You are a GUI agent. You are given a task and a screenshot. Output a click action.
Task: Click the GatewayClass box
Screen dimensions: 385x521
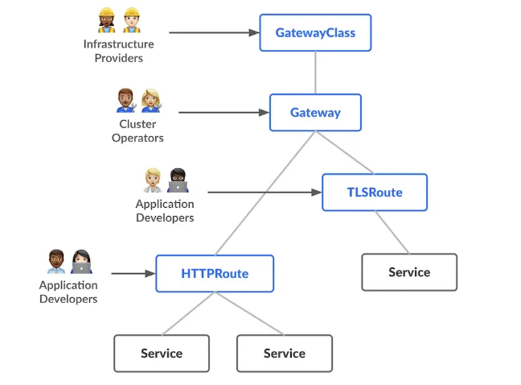click(315, 33)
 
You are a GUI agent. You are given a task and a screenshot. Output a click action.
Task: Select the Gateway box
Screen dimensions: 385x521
click(315, 113)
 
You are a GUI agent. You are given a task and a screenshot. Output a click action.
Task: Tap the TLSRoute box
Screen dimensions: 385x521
click(374, 192)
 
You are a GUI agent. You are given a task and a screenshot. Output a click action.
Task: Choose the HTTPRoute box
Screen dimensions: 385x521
click(215, 274)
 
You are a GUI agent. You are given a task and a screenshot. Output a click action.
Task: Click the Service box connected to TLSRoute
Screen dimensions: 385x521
click(409, 272)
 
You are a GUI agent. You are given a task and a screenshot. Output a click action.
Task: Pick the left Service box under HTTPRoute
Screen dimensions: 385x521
click(162, 354)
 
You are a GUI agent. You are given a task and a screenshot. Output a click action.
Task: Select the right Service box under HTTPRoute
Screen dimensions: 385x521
click(285, 354)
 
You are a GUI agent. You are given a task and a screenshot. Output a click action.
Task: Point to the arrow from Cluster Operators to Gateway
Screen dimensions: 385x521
click(223, 113)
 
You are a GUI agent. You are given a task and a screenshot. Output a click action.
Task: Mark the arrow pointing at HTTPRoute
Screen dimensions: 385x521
click(132, 274)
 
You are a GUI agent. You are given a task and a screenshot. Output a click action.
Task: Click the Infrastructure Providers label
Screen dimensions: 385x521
click(118, 51)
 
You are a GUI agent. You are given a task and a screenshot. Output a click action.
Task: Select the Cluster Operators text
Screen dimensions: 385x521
click(137, 130)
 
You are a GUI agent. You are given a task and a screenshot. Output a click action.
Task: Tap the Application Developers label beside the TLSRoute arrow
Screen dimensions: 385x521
click(165, 211)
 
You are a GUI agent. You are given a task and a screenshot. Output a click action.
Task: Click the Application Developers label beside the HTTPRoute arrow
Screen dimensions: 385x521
click(68, 292)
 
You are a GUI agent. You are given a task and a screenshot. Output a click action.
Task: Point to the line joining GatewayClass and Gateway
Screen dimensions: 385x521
click(315, 72)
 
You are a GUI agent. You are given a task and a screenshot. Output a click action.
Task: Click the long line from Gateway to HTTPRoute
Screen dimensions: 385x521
click(264, 193)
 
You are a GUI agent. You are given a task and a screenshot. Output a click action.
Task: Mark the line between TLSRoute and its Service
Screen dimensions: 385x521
click(392, 233)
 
